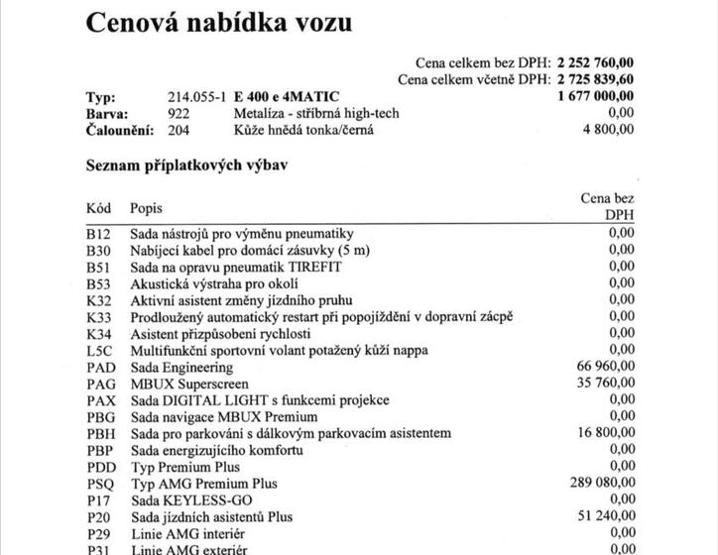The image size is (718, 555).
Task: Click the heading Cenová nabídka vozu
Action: click(x=218, y=21)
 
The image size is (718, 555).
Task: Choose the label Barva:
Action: click(x=107, y=114)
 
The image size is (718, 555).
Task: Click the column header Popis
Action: click(x=146, y=208)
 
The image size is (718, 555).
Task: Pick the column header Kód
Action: click(x=98, y=208)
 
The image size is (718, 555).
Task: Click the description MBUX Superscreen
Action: click(x=189, y=383)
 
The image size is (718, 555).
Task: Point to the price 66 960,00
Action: click(x=604, y=367)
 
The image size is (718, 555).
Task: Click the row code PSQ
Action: click(x=101, y=484)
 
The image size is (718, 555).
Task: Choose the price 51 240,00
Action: click(x=604, y=516)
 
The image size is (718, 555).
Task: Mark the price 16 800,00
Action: click(x=604, y=433)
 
